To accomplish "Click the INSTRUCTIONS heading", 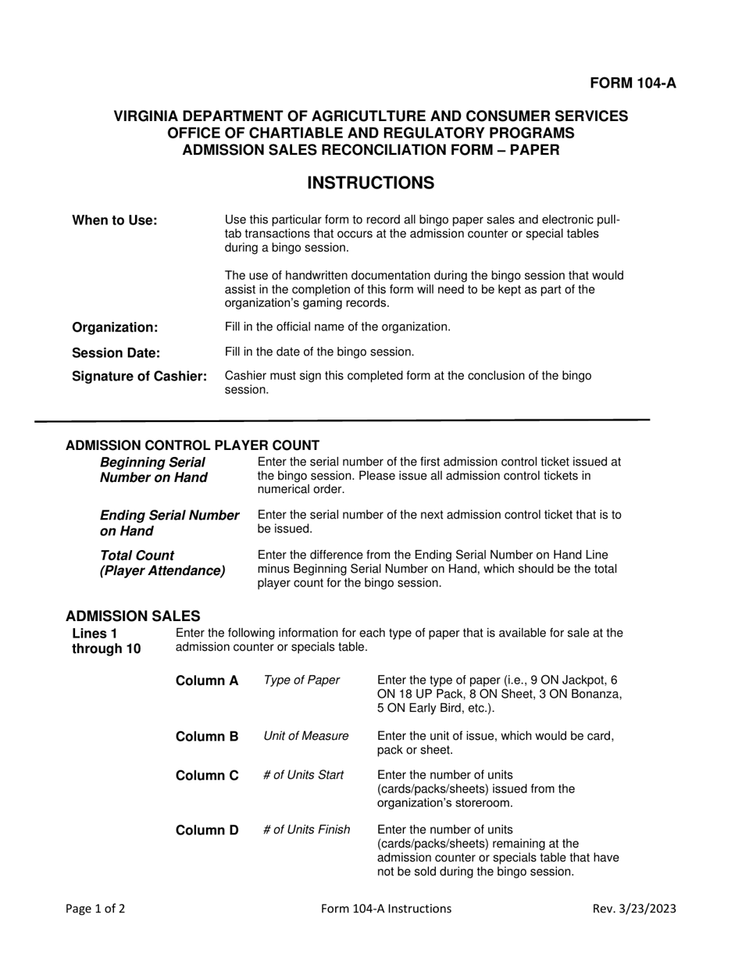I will (x=370, y=183).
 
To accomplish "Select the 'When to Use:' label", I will (x=115, y=220).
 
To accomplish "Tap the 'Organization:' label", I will (x=115, y=327).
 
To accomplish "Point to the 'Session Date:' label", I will (x=116, y=352).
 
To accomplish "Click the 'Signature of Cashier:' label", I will (x=140, y=377).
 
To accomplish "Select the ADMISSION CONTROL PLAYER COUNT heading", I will (x=192, y=445).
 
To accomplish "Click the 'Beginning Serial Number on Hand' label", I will (x=154, y=470).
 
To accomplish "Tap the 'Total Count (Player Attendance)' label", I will (x=162, y=563).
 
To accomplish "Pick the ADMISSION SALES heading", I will (x=133, y=616).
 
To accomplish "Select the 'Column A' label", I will (x=207, y=681).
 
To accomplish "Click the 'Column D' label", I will (x=207, y=830).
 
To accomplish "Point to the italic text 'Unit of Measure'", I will (x=306, y=736).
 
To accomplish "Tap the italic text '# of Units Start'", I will (x=304, y=775).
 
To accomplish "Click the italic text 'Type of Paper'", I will (x=301, y=681).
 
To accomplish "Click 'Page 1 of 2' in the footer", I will (x=95, y=909).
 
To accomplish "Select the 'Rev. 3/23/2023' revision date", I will (x=634, y=909).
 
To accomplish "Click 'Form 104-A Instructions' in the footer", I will (x=386, y=909).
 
